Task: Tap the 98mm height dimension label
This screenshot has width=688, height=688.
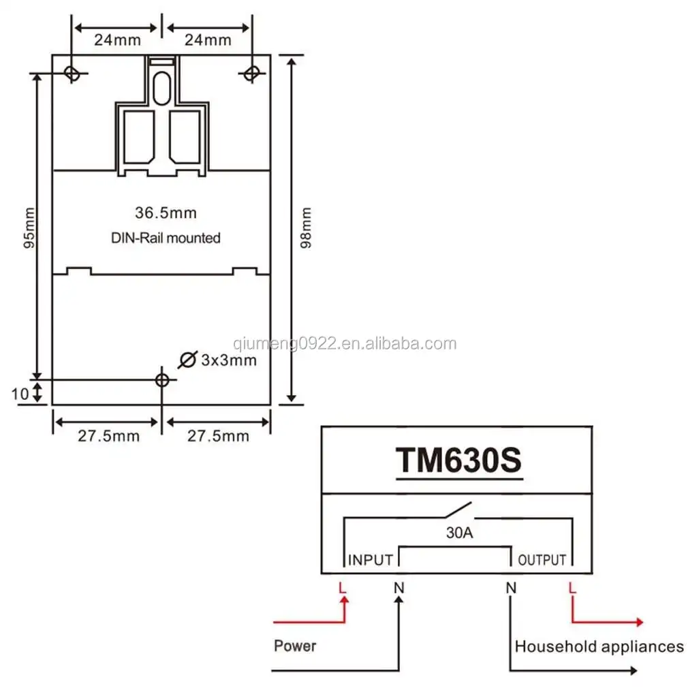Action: tap(306, 228)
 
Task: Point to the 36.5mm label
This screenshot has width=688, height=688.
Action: tap(166, 213)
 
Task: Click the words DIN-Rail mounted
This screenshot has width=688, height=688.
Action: tap(166, 238)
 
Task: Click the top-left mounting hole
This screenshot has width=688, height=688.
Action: tap(72, 72)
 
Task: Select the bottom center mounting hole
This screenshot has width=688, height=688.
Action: tap(161, 379)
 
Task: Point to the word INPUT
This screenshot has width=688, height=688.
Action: tap(371, 560)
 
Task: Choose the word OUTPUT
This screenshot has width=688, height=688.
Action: tap(542, 560)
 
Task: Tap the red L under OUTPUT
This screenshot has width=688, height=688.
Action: tap(572, 587)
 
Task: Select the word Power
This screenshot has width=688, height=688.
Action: tap(295, 645)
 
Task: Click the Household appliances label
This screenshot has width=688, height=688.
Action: tap(599, 646)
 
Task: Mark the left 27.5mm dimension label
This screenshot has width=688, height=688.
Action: tap(108, 436)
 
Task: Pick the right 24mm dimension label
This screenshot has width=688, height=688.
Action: tap(208, 40)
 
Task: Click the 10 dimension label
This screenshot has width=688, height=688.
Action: tap(20, 393)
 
